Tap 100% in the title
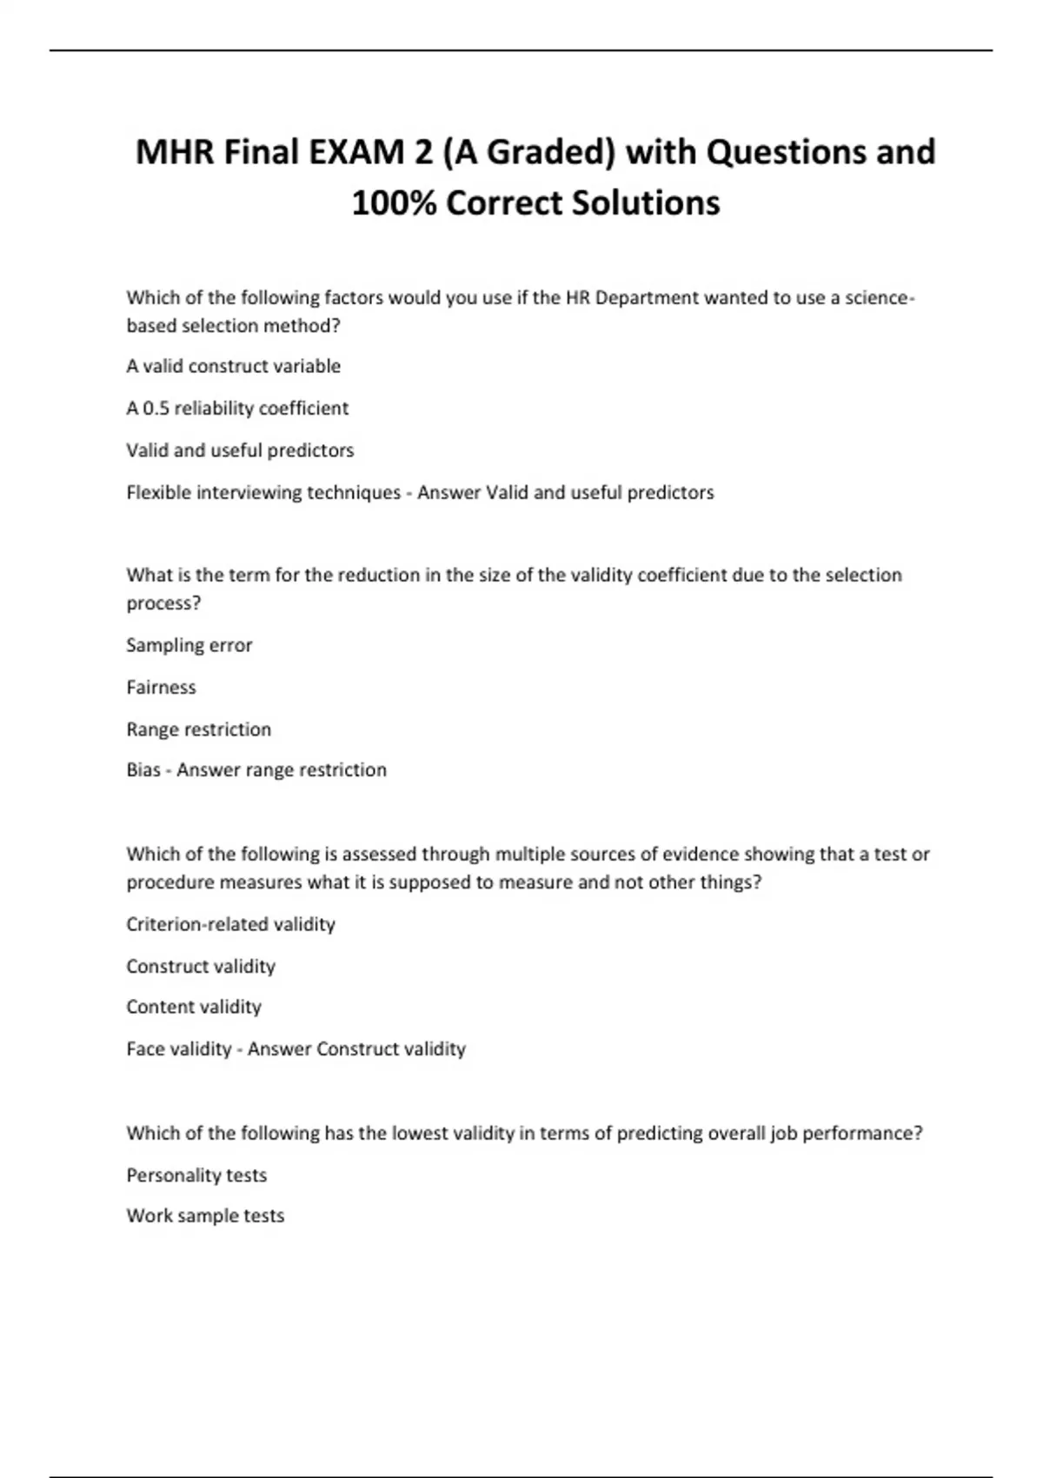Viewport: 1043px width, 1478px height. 392,203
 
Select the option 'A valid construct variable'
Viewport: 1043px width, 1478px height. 233,366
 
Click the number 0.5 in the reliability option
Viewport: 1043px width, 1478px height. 156,408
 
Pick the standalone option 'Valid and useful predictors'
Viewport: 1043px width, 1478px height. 240,450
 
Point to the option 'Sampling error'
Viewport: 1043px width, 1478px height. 189,645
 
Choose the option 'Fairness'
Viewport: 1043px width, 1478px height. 161,687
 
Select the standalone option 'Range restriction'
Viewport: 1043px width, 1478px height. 198,729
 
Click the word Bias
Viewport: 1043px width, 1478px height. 143,769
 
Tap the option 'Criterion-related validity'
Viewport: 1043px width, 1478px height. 230,924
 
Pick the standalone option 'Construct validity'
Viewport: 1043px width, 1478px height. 200,966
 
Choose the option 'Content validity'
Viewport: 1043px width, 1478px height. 193,1007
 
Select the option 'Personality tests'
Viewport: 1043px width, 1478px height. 196,1175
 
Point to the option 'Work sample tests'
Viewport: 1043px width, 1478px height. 205,1215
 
